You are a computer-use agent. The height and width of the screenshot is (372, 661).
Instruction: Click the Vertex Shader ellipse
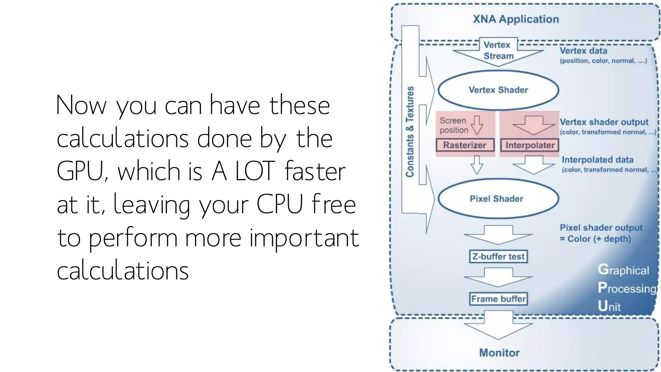[498, 90]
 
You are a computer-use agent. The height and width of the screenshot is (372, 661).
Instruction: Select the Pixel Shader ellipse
[498, 199]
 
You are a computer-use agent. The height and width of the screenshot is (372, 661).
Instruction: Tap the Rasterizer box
[465, 145]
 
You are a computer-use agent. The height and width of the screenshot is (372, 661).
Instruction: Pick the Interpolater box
[530, 145]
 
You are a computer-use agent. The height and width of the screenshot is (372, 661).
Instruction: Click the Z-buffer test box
[498, 257]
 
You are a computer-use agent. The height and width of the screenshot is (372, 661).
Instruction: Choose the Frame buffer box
[498, 299]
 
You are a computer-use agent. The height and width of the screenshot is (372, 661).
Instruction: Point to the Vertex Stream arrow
[498, 52]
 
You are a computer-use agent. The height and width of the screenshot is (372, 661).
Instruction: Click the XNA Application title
[516, 19]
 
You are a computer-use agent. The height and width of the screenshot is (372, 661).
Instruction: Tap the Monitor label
[499, 353]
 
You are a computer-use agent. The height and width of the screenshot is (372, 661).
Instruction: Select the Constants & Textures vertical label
[410, 132]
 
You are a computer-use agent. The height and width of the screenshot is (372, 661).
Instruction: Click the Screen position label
[453, 125]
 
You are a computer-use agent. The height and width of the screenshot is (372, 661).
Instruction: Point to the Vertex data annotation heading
[583, 51]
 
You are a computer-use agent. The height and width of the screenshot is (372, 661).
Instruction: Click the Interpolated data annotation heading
[597, 160]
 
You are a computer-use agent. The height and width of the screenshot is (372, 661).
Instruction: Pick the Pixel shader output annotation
[601, 233]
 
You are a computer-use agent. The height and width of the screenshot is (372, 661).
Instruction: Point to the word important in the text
[304, 238]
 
